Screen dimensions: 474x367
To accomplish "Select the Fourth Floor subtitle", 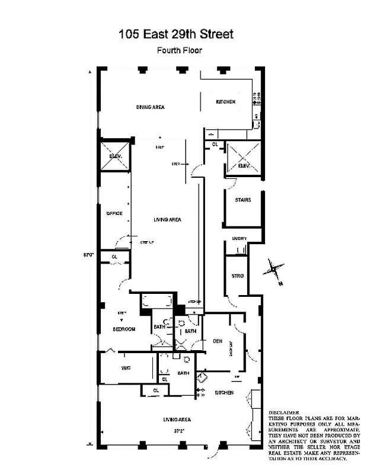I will coord(179,50).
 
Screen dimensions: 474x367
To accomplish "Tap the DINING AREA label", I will coord(150,107).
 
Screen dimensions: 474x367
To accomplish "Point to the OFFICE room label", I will coord(114,213).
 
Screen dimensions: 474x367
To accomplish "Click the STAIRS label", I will coord(242,200).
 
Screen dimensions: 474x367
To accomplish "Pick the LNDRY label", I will coord(239,239).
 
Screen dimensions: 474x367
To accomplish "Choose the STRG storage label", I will coord(238,276).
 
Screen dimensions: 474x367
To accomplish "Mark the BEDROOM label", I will coord(125,329).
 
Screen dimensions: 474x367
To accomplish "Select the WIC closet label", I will coord(126,368).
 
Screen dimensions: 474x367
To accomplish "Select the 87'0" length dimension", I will coord(90,255).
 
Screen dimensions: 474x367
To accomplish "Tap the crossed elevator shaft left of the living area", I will coord(115,155).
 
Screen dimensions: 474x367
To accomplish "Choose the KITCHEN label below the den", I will coord(224,393).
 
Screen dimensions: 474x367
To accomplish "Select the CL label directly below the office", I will coord(114,257).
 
